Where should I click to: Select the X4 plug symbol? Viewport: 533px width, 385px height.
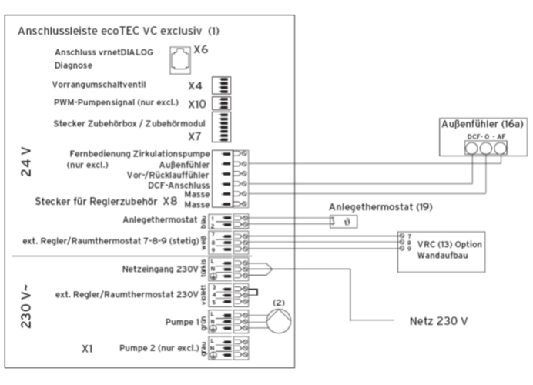click(226, 85)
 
